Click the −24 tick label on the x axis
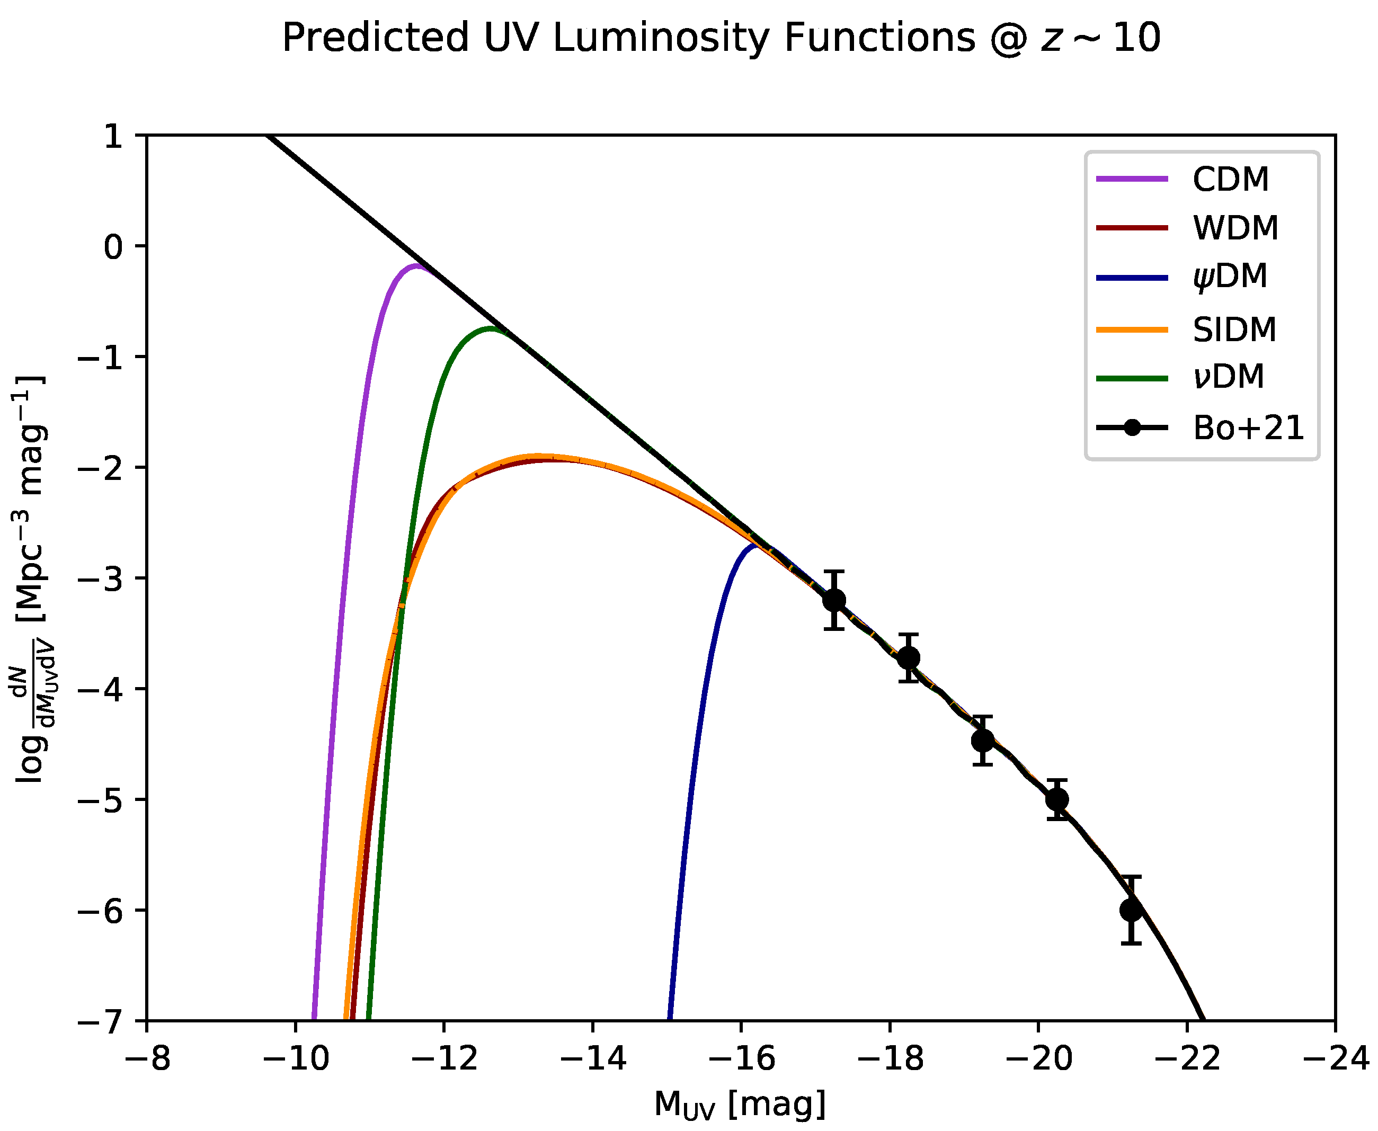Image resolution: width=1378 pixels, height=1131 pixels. tap(1336, 1058)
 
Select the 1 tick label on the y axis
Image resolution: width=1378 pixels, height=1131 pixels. tap(113, 136)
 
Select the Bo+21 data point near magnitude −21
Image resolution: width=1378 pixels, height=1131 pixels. tap(1131, 910)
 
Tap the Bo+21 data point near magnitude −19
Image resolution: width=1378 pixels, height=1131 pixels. tap(983, 741)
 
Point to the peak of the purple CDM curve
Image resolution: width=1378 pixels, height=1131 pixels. tap(416, 266)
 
